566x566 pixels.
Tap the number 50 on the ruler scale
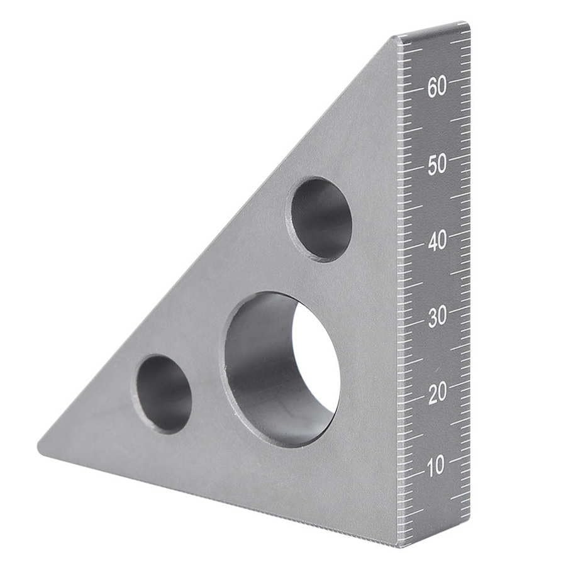pos(437,165)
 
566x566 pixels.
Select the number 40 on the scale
pos(437,241)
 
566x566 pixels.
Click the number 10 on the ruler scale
pos(435,466)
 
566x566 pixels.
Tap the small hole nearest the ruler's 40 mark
pos(319,219)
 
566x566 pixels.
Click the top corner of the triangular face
pos(395,39)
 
